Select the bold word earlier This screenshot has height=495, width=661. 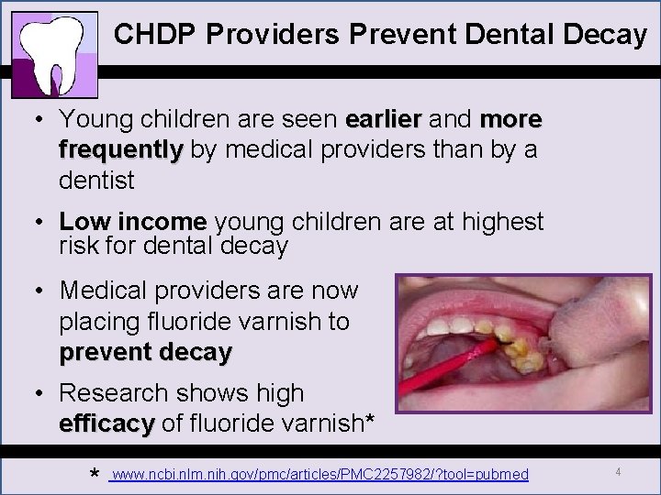(382, 119)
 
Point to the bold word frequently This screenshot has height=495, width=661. (121, 149)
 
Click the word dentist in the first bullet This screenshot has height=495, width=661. (96, 181)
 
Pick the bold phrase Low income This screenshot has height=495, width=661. (133, 222)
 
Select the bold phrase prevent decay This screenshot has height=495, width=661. (146, 352)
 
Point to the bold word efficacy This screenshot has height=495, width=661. (106, 424)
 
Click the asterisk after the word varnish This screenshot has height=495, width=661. (369, 422)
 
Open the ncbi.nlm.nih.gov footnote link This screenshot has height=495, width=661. (319, 474)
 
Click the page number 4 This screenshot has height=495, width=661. (619, 471)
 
